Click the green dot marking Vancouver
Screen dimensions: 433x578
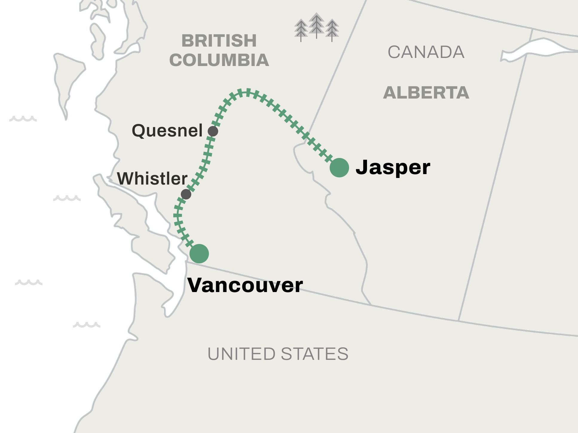click(x=199, y=254)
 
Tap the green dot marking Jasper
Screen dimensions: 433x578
click(x=339, y=168)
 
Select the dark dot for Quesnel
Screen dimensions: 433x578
click(x=213, y=131)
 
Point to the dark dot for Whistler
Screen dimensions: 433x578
click(x=186, y=194)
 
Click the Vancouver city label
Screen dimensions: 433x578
click(x=245, y=285)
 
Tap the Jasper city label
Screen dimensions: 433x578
click(x=393, y=167)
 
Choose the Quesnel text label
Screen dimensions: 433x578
click(x=167, y=130)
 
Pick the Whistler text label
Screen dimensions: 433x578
click(x=152, y=178)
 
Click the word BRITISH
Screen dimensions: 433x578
click(x=219, y=41)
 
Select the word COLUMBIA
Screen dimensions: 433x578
click(x=219, y=60)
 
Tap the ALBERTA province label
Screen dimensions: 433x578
click(x=426, y=93)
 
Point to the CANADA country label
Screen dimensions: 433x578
click(x=426, y=52)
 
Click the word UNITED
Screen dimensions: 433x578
click(x=241, y=354)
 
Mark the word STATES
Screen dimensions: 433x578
click(x=314, y=354)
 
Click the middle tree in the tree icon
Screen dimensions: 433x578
click(x=316, y=25)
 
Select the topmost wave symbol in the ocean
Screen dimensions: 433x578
click(x=23, y=119)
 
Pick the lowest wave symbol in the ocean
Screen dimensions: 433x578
click(x=87, y=325)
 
